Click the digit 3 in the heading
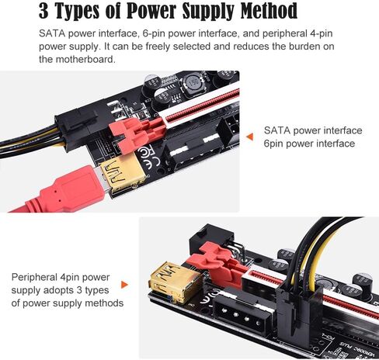pyautogui.click(x=35, y=12)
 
